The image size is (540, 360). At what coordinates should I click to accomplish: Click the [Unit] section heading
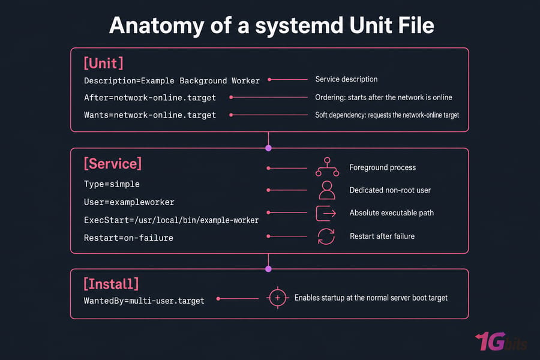[x=103, y=64]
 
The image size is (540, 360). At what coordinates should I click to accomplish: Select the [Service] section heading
[x=113, y=164]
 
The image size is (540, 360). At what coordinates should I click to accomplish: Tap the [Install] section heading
[x=111, y=284]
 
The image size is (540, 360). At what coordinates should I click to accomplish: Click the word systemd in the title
[x=299, y=26]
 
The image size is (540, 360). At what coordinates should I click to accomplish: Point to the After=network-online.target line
[x=150, y=98]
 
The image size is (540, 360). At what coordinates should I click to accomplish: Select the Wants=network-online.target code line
[x=150, y=115]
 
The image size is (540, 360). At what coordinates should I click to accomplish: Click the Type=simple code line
[x=112, y=184]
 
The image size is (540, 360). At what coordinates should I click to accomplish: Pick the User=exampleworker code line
[x=129, y=202]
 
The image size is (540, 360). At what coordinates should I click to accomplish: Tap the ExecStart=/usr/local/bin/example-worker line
[x=171, y=220]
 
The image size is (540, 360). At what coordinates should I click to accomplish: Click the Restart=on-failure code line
[x=128, y=238]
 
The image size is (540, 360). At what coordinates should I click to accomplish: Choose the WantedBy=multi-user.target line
[x=144, y=301]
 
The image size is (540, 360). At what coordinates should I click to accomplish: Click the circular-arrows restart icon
[x=326, y=236]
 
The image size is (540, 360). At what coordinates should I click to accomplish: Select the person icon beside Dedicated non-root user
[x=327, y=190]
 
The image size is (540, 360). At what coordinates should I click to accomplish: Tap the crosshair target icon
[x=278, y=298]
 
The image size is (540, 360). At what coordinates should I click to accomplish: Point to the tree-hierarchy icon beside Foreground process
[x=327, y=167]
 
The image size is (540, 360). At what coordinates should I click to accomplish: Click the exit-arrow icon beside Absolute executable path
[x=326, y=213]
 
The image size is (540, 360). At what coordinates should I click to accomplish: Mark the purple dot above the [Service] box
[x=269, y=148]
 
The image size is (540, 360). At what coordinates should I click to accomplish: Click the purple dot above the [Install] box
[x=269, y=269]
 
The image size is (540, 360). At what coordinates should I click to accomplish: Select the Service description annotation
[x=346, y=79]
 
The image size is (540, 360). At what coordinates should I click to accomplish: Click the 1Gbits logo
[x=501, y=341]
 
